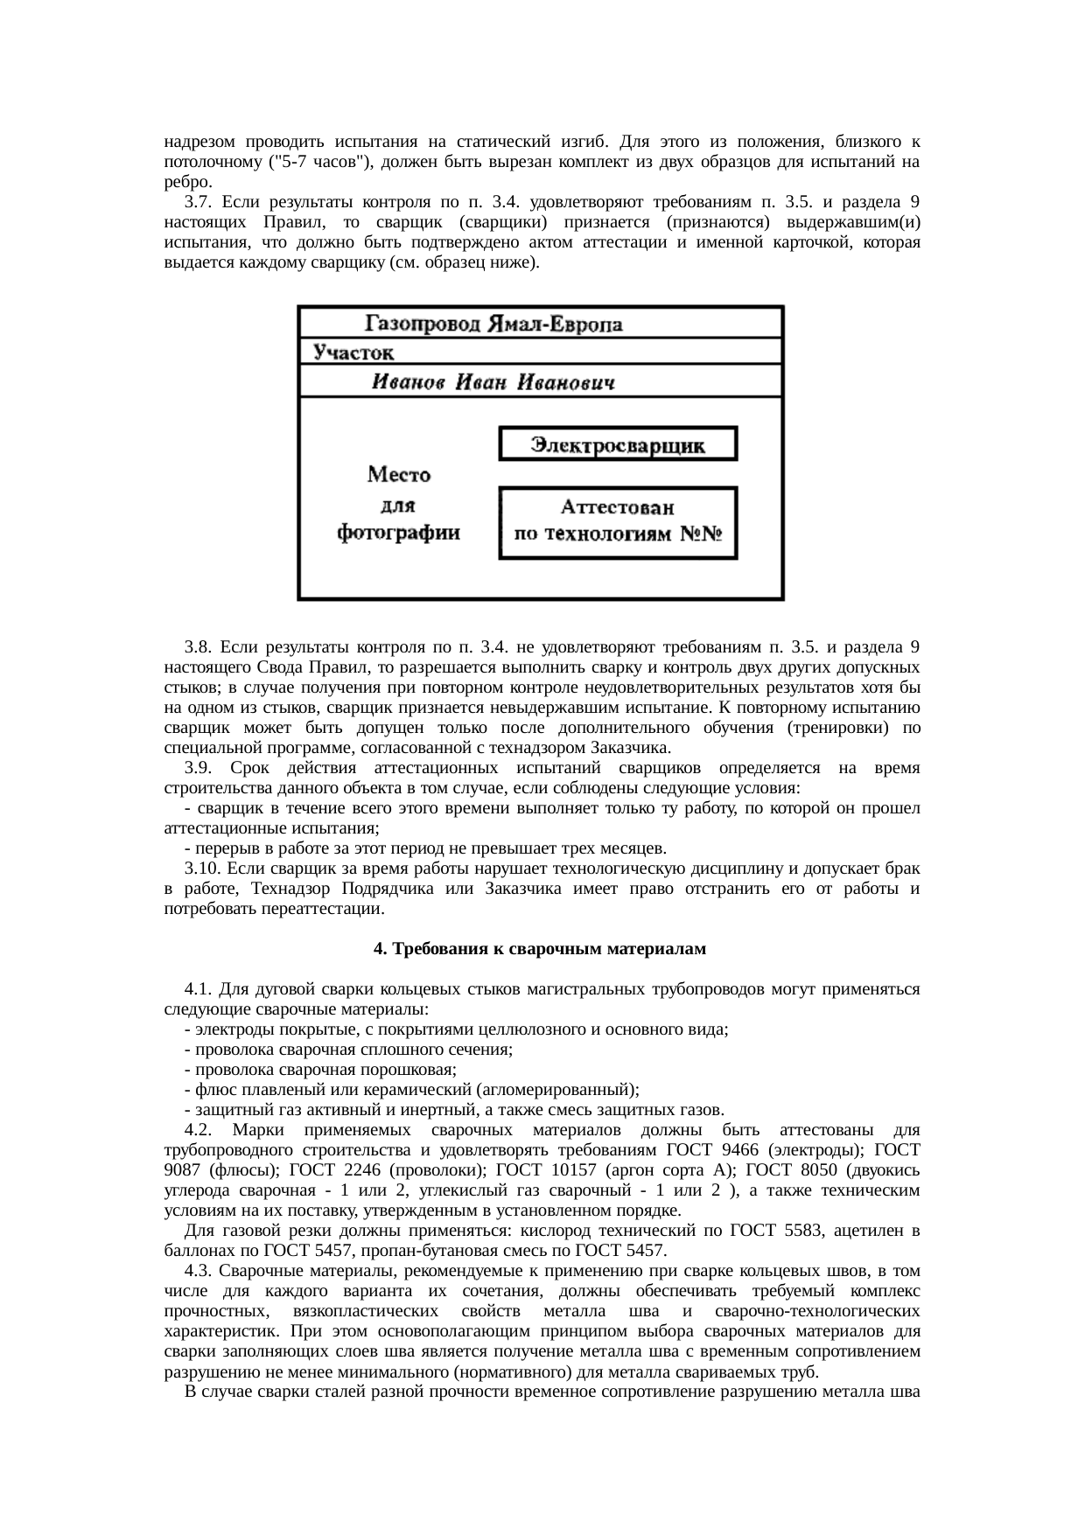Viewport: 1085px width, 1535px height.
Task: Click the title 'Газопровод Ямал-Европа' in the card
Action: [x=493, y=324]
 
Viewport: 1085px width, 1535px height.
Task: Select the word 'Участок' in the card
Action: [x=353, y=352]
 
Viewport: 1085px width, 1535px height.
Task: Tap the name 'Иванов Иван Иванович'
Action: [x=493, y=382]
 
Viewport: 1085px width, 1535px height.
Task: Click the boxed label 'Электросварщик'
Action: [x=618, y=445]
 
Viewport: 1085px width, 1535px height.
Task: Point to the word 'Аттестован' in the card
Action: [x=618, y=507]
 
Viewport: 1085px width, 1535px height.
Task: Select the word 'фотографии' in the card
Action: [x=399, y=533]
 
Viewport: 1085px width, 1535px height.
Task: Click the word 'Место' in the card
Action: [x=399, y=475]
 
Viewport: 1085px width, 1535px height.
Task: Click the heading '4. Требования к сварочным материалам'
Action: [x=540, y=949]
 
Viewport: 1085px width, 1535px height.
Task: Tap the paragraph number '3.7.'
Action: [x=198, y=202]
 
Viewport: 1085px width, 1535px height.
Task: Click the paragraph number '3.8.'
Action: [x=198, y=647]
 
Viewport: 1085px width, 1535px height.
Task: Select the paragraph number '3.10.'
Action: [x=202, y=869]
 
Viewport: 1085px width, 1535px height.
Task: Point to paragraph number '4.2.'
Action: [x=199, y=1130]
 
